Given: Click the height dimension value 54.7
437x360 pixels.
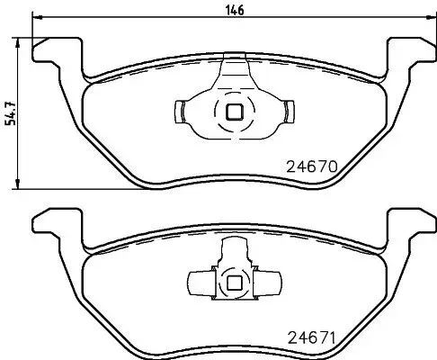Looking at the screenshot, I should point(10,112).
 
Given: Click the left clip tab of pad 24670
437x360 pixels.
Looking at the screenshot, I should point(179,112).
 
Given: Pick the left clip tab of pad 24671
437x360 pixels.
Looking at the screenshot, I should point(196,282).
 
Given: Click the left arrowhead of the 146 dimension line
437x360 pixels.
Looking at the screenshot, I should point(37,20).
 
